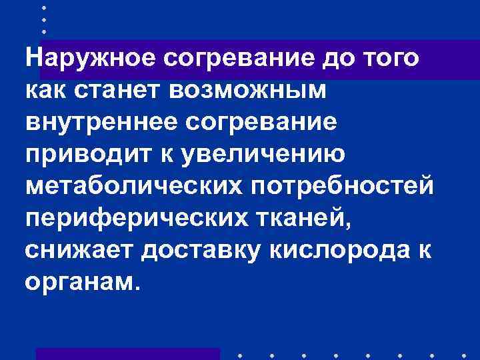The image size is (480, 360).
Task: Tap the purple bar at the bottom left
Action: point(127,354)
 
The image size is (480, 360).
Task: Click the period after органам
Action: point(138,289)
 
